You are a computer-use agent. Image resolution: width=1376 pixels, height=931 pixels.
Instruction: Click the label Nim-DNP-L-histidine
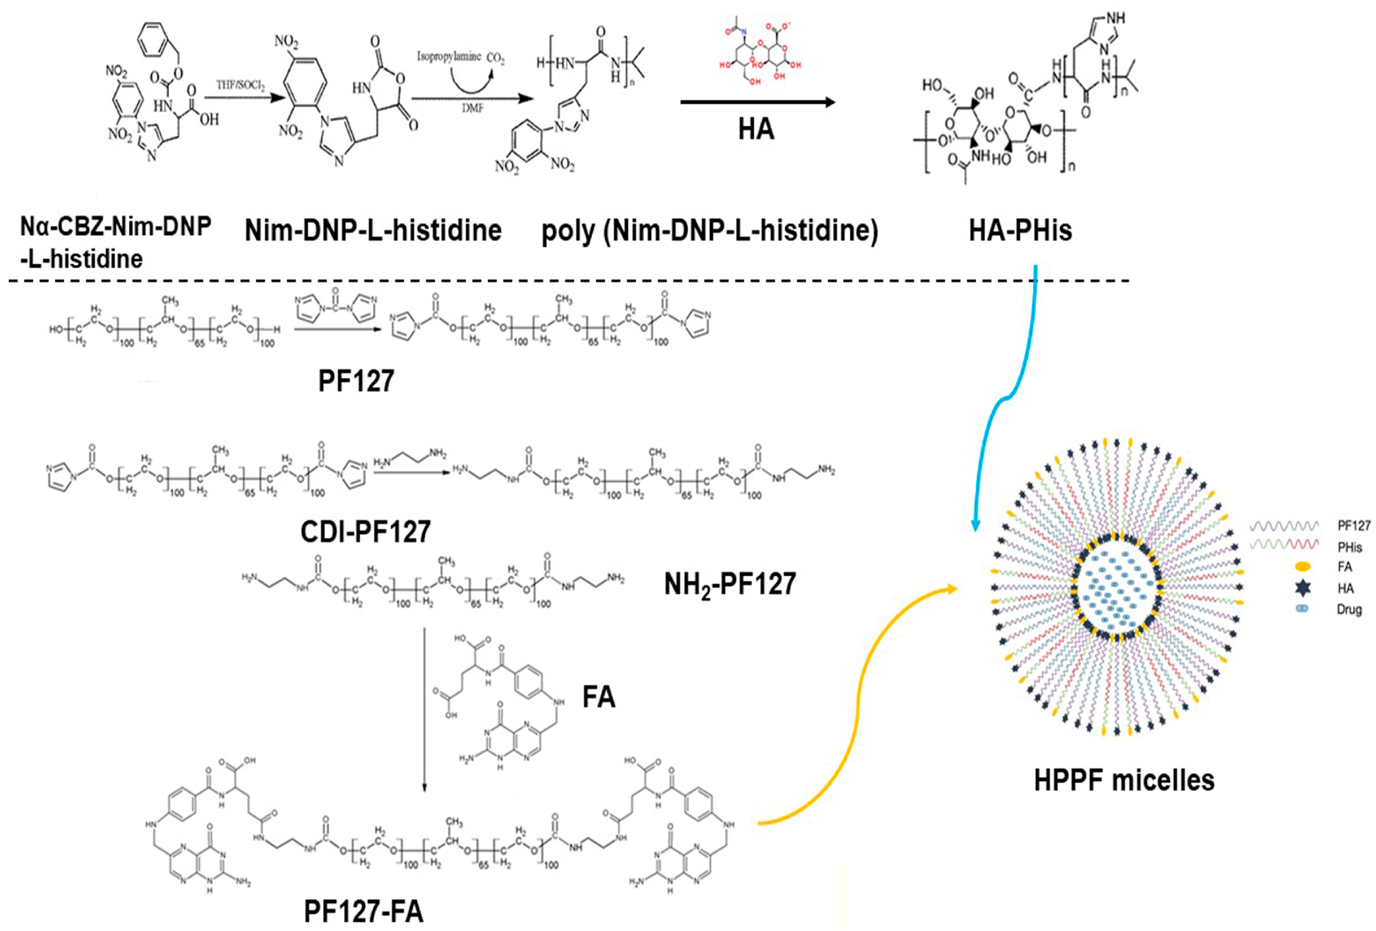coord(373,230)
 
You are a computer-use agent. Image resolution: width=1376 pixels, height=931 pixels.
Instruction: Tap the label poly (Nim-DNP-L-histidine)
coord(709,230)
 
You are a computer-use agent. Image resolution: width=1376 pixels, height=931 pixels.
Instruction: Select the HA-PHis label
coord(1020,230)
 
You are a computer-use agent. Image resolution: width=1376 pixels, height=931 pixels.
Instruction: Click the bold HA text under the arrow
coord(756,129)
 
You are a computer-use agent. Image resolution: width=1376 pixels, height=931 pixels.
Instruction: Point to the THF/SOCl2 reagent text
coord(240,86)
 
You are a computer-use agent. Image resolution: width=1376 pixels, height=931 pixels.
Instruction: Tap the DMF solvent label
coord(472,108)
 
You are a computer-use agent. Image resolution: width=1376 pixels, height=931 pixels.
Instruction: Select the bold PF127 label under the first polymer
coord(356,381)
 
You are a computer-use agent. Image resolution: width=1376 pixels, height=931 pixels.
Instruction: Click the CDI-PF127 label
coord(365,532)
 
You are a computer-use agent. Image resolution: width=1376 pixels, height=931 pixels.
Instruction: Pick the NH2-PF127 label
coord(729,584)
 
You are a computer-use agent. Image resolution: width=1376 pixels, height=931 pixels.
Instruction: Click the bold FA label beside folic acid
coord(599,697)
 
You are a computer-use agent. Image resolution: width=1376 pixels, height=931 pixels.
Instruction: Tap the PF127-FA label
coord(364,912)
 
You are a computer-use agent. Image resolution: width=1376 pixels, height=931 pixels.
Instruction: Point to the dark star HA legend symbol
coord(1302,588)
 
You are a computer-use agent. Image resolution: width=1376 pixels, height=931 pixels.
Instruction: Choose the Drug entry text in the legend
coord(1349,609)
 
